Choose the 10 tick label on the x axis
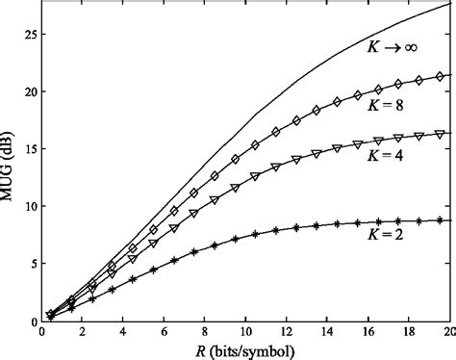tap(246, 331)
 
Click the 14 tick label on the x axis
tap(329, 331)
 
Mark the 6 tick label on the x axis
tap(165, 331)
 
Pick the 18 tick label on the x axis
tap(411, 331)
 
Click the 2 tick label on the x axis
tap(83, 331)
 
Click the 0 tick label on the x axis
tap(42, 331)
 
